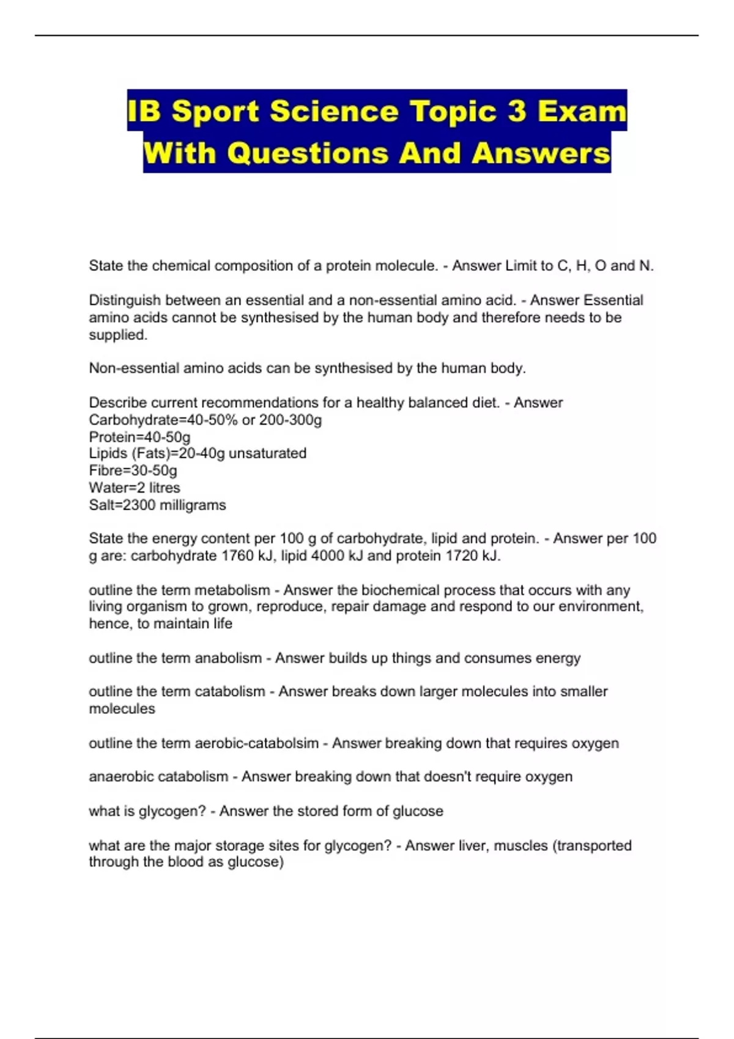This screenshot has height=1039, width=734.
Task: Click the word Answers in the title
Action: (x=541, y=153)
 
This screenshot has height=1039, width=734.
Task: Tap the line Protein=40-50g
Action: (x=139, y=437)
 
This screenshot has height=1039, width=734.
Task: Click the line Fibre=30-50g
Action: (x=133, y=471)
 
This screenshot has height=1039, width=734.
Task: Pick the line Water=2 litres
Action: (x=135, y=488)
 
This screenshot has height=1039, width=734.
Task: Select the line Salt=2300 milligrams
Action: (x=157, y=505)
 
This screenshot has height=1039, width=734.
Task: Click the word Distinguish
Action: (x=125, y=300)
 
